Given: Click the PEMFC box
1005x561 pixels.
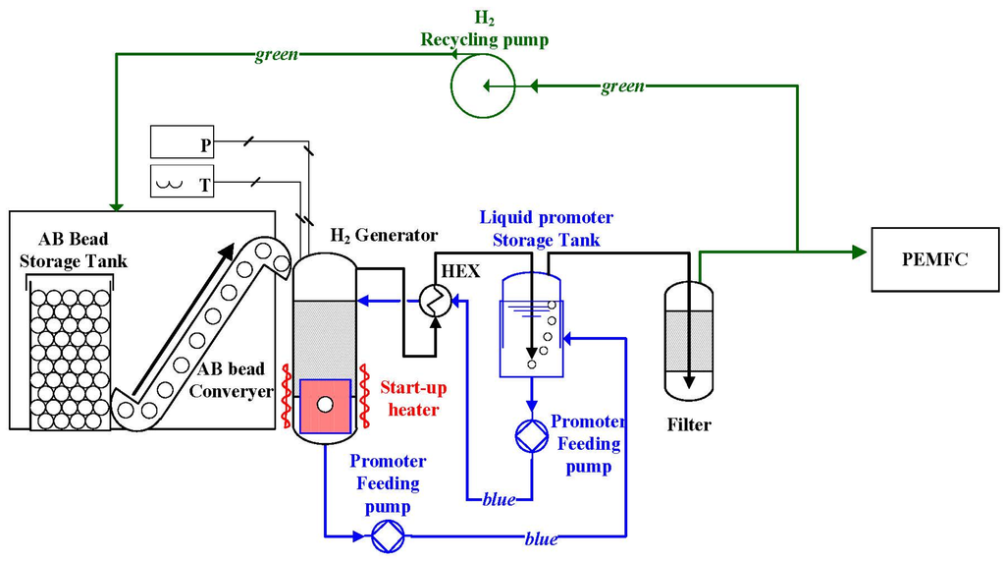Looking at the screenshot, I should click(933, 260).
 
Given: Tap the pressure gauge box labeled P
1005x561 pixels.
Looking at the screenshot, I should click(182, 141).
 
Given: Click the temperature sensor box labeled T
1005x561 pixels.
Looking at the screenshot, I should click(182, 181).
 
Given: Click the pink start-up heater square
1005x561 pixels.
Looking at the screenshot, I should click(324, 406).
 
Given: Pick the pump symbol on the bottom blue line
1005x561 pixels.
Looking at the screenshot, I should click(387, 535).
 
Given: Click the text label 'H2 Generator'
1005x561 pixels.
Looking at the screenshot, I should click(384, 236).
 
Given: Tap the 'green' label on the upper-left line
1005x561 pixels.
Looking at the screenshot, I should click(277, 55).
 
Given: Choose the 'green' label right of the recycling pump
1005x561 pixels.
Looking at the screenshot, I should click(622, 86).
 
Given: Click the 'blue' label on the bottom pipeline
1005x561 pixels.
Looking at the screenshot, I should click(541, 538).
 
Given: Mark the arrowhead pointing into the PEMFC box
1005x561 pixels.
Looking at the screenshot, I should click(861, 252).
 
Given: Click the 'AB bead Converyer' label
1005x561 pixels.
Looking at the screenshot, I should click(237, 379).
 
